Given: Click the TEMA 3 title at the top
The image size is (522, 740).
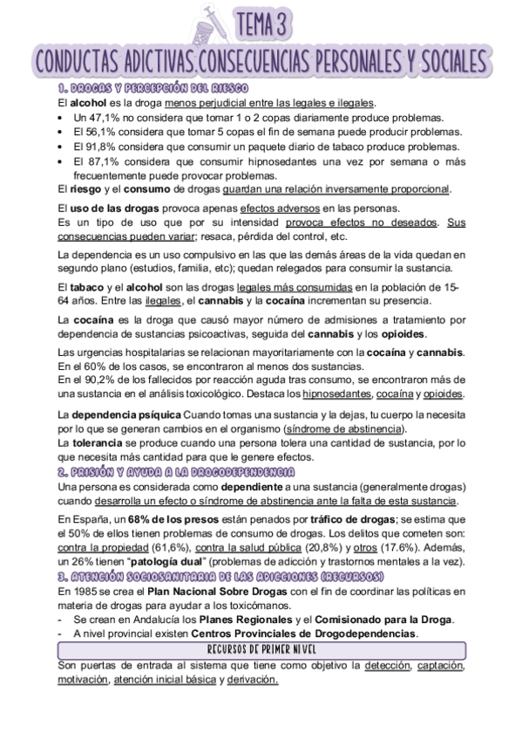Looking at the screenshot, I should coord(267,25).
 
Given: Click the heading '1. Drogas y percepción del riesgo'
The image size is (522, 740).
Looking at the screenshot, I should coord(153,89).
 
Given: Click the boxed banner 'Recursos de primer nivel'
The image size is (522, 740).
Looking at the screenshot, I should coord(261,650).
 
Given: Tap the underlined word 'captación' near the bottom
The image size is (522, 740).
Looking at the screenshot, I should coord(441,666).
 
